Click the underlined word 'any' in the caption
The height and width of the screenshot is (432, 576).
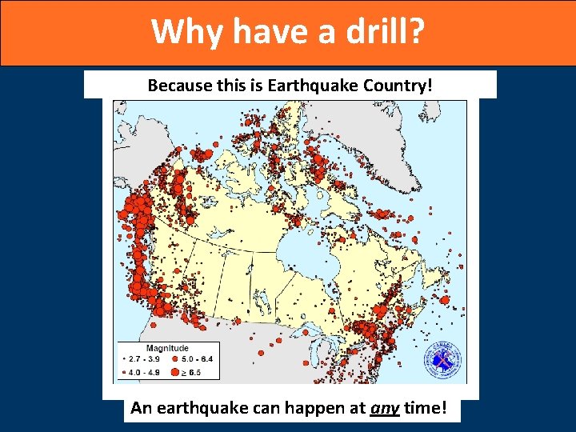click(x=384, y=409)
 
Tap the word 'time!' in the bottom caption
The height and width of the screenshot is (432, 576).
click(x=428, y=409)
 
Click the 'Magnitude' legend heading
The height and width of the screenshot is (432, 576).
click(x=167, y=348)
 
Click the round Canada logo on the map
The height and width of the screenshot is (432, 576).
click(x=442, y=362)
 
